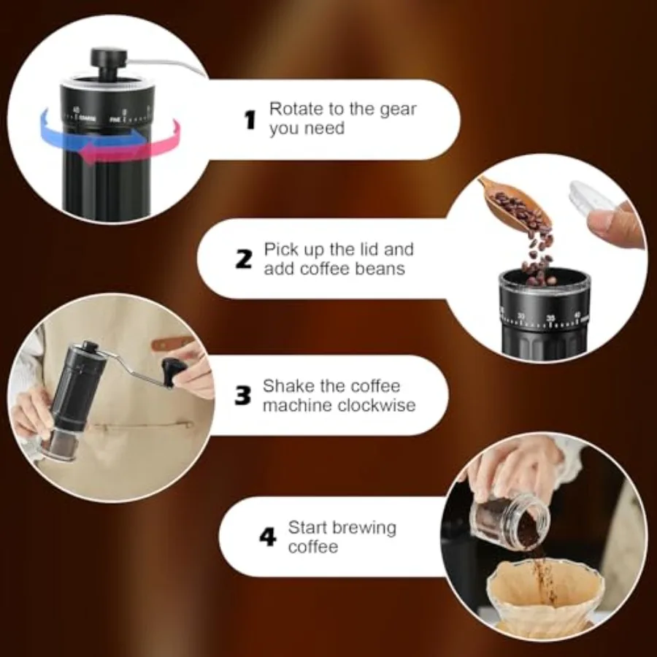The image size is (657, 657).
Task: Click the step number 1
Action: pyautogui.click(x=250, y=120)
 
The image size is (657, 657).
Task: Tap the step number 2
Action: pyautogui.click(x=244, y=259)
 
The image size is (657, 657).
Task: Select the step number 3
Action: pyautogui.click(x=242, y=396)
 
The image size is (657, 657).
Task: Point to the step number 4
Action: pyautogui.click(x=268, y=537)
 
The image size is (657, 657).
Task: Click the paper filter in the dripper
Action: pyautogui.click(x=545, y=590)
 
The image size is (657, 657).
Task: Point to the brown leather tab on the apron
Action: pyautogui.click(x=172, y=344)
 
